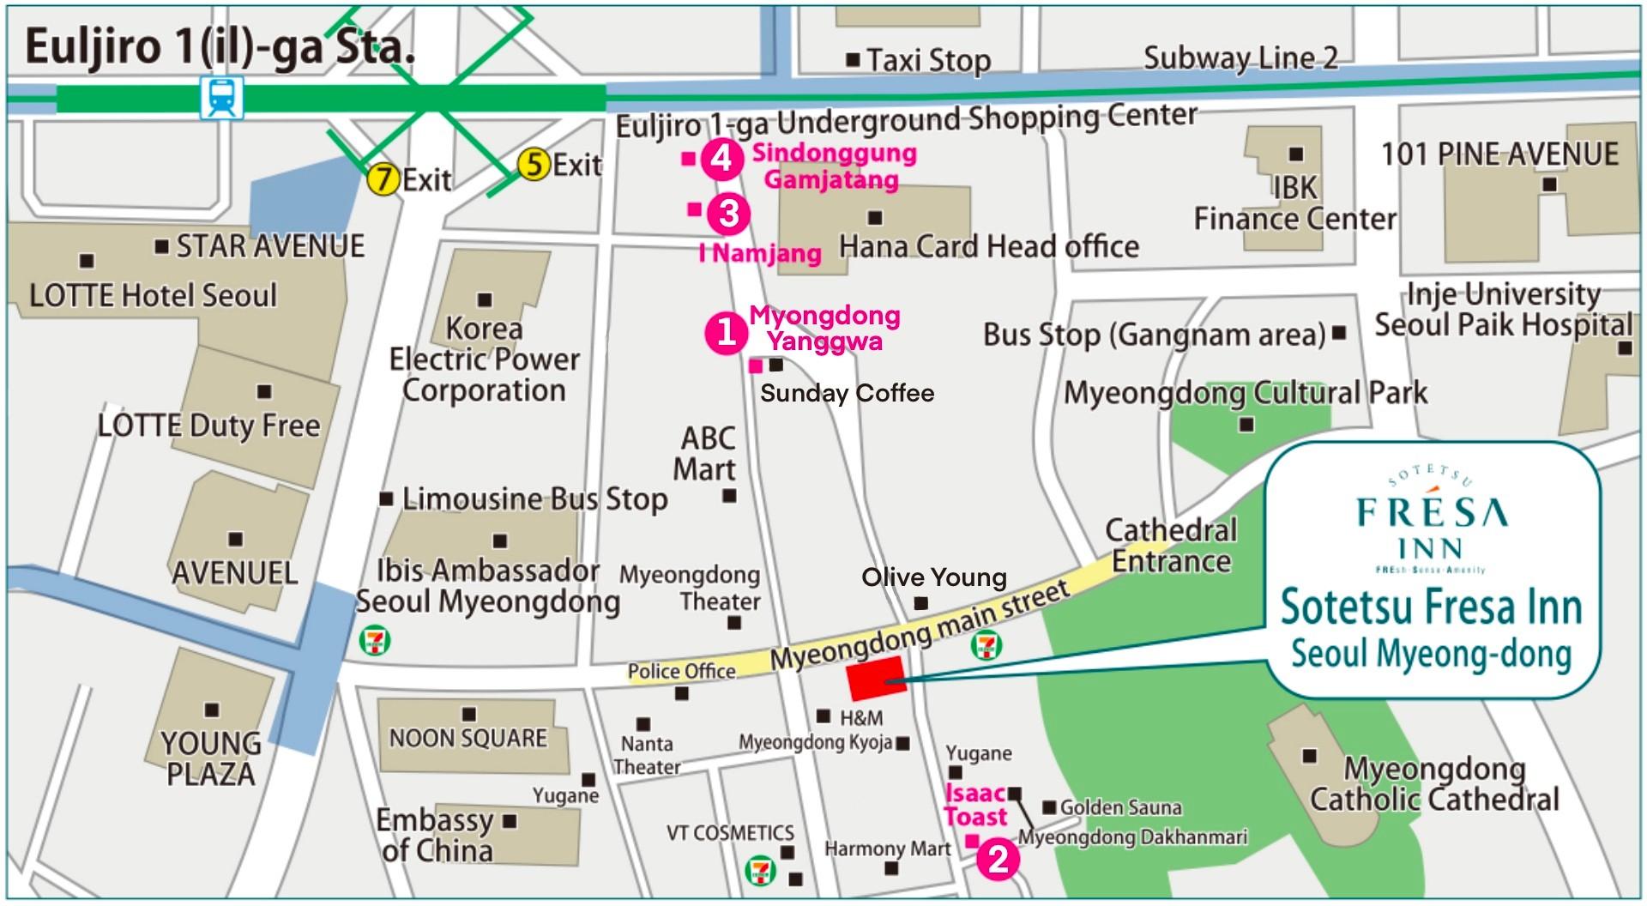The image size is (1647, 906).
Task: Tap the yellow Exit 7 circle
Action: (383, 180)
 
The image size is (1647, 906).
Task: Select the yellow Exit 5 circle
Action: (534, 164)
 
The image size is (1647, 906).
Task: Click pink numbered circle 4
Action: (721, 159)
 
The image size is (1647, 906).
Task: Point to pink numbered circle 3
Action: (728, 213)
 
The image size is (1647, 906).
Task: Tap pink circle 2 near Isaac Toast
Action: (998, 860)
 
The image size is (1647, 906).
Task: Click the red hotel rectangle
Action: (876, 679)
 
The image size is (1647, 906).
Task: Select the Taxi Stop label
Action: (927, 61)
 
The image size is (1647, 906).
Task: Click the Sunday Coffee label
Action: (847, 394)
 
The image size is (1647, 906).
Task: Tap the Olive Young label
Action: (933, 577)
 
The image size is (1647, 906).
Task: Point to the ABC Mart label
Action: (707, 454)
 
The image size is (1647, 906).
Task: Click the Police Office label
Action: (681, 672)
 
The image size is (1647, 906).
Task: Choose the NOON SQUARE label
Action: (468, 739)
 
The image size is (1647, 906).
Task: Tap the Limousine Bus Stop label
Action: (534, 499)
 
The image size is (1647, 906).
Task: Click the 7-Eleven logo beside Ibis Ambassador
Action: (375, 640)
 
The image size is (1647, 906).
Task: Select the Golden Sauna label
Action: (1119, 807)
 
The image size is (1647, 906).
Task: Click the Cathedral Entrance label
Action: (1171, 546)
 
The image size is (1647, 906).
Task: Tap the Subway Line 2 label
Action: (1240, 58)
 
